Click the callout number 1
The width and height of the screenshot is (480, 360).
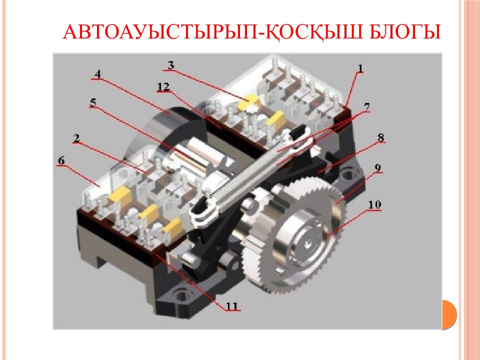(x=360, y=68)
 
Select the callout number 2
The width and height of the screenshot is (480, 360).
(x=76, y=138)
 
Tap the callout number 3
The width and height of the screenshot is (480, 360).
(x=170, y=65)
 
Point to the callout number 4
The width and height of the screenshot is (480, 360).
(x=97, y=74)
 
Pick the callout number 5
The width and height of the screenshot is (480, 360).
(x=93, y=102)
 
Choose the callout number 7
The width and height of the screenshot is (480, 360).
(x=366, y=107)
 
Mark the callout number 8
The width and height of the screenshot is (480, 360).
(x=380, y=137)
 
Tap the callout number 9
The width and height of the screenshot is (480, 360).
(x=378, y=167)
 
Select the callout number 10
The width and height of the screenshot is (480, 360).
(x=374, y=204)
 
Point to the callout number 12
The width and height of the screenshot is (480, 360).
(x=163, y=87)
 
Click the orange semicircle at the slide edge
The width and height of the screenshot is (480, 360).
(x=449, y=314)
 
